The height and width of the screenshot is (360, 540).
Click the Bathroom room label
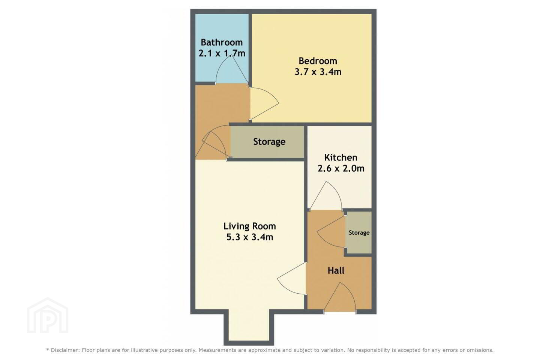click(222, 42)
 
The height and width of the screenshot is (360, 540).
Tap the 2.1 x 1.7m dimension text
click(222, 53)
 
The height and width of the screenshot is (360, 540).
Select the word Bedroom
click(318, 61)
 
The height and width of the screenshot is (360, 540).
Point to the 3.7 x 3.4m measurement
click(318, 72)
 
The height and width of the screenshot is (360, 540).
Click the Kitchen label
click(340, 157)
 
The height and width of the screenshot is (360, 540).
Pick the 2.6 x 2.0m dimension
click(341, 168)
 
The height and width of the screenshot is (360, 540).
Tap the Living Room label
click(249, 226)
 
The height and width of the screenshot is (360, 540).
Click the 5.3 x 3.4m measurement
click(250, 237)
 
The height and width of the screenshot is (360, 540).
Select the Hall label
click(336, 270)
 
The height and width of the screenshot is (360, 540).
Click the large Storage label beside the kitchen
click(269, 141)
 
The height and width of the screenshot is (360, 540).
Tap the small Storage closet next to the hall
click(359, 232)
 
